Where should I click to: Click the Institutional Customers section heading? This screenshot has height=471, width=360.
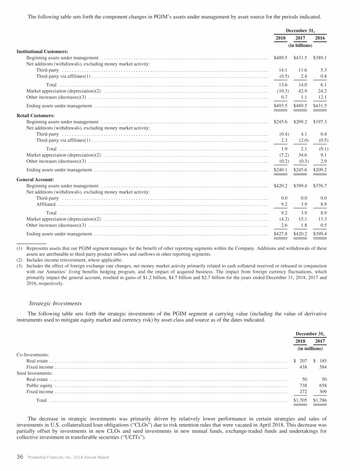(43, 51)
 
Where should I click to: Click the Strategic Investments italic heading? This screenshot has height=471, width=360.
(55, 303)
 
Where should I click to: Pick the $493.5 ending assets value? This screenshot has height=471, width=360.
(281, 106)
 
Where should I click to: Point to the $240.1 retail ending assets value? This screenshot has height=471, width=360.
(281, 170)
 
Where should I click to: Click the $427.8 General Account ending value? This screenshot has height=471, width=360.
(281, 234)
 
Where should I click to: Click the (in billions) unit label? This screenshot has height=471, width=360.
(300, 46)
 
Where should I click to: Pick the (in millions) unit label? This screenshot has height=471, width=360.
(310, 349)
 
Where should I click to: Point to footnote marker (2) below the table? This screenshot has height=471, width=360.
(20, 259)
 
